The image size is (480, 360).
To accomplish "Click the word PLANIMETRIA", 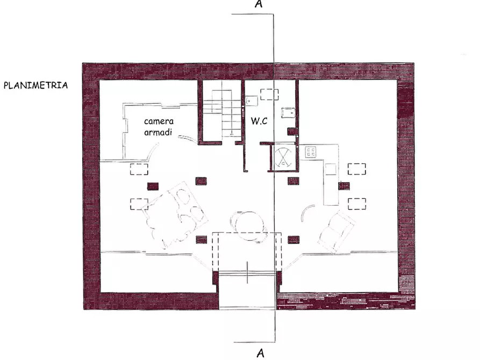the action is click(35, 85).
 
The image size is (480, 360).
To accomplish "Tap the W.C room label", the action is click(259, 121).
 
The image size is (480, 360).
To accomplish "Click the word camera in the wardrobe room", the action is click(159, 121).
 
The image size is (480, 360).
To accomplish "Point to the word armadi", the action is click(158, 132).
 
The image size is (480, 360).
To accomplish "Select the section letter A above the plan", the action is click(259, 4).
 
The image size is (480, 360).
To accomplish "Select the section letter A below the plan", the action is click(260, 353).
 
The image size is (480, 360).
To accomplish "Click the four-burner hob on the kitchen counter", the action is click(311, 152).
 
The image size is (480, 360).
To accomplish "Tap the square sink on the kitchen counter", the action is click(331, 169).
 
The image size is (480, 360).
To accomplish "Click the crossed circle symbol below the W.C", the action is click(283, 157).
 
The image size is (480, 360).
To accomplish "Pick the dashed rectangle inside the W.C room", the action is click(269, 94).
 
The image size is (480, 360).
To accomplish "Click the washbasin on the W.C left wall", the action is click(251, 100).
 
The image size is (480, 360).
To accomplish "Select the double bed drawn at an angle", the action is click(175, 214).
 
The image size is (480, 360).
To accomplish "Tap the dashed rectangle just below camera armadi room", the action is click(139, 169).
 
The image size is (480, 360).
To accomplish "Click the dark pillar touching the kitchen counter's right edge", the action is click(344, 186).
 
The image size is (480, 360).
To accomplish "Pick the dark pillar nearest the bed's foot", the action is click(202, 240).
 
